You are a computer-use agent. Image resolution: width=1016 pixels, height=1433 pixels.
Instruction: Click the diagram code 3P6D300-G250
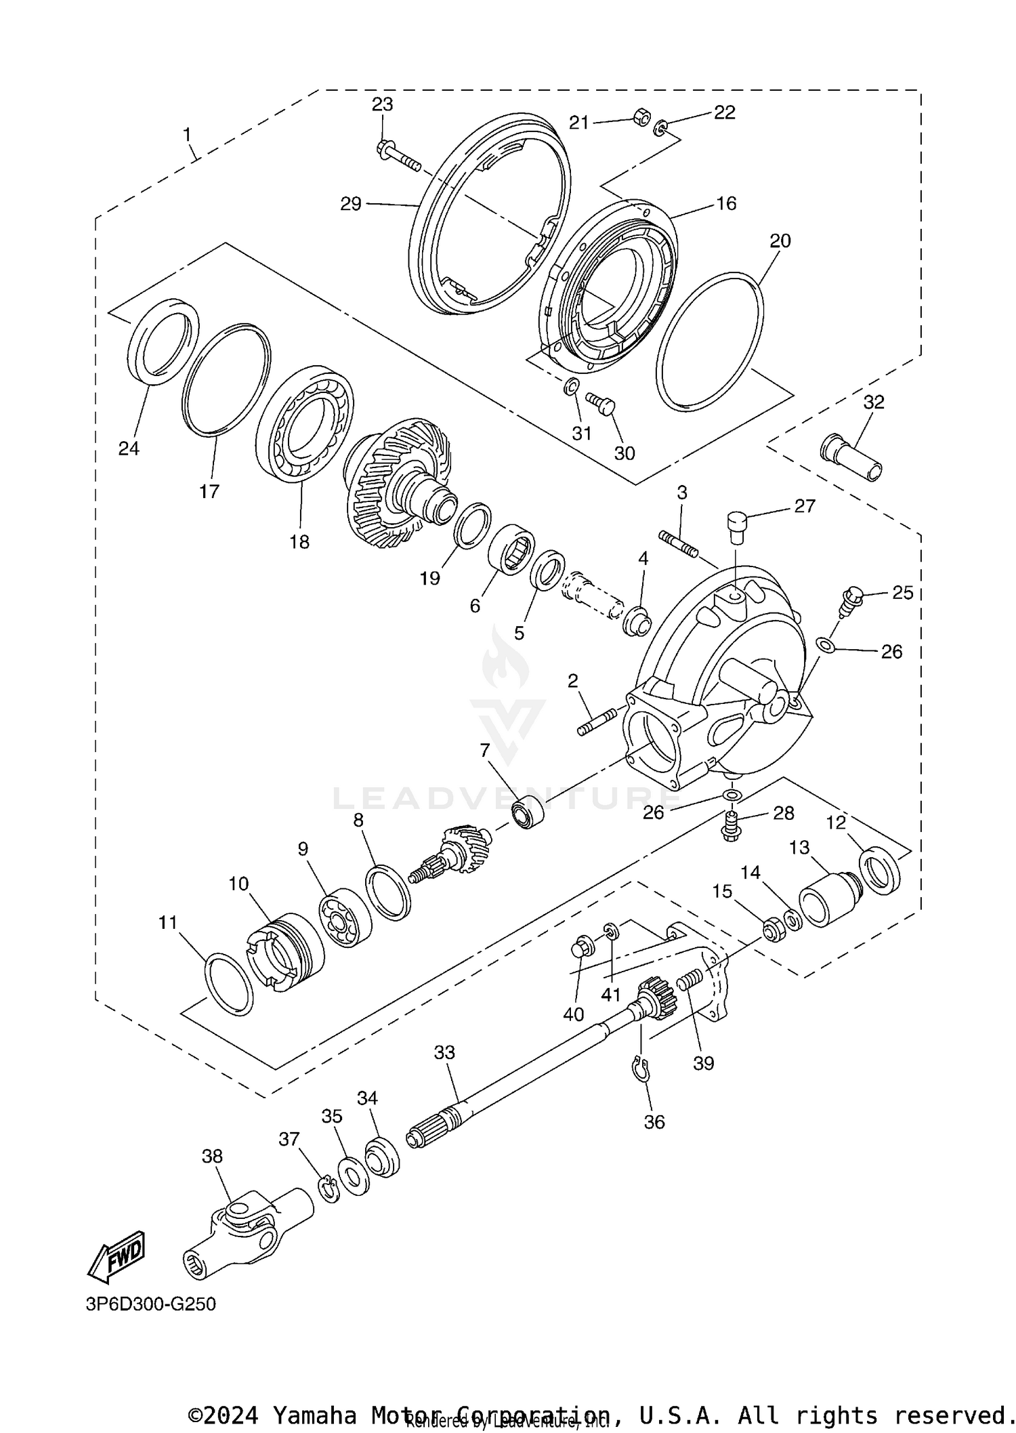[150, 1304]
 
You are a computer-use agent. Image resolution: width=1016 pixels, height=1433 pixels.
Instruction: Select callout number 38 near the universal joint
[212, 1156]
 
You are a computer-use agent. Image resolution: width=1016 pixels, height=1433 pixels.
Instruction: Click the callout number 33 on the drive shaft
[444, 1052]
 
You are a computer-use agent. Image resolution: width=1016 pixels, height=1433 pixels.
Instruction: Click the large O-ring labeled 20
[710, 341]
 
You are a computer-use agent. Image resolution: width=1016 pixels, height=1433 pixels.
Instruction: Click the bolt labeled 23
[397, 156]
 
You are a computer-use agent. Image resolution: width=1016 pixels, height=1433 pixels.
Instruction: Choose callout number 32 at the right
[874, 402]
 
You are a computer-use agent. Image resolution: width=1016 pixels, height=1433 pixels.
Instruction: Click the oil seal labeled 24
[163, 340]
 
